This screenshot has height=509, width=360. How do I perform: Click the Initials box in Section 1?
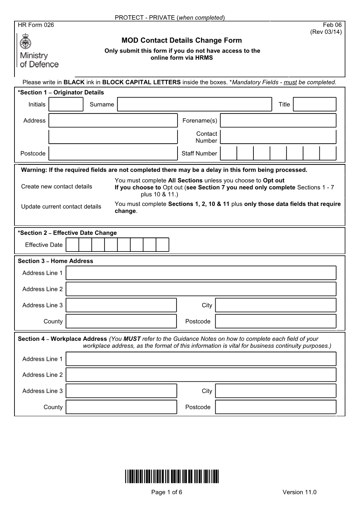click(66, 104)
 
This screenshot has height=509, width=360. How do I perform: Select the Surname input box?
click(194, 104)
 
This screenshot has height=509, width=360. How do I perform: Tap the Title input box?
click(314, 104)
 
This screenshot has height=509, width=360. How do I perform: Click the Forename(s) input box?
click(278, 121)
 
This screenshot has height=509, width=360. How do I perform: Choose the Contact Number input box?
click(278, 137)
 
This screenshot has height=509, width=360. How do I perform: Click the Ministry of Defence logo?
click(38, 51)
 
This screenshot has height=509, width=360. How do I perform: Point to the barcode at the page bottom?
click(172, 477)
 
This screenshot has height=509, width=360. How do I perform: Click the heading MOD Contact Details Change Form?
click(182, 41)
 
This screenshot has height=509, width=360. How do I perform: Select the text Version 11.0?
click(299, 492)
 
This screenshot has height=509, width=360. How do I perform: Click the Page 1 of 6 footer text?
click(167, 492)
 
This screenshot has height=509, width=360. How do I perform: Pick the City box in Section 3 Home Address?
click(275, 305)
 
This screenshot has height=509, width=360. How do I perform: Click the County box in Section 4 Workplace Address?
click(121, 407)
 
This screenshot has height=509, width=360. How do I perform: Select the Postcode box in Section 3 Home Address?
click(275, 321)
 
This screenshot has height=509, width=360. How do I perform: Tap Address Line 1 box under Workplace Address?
click(201, 359)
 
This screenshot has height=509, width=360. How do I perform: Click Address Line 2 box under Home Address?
click(201, 289)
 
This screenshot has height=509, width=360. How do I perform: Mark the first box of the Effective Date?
click(72, 245)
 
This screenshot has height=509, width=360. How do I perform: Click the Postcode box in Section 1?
click(113, 153)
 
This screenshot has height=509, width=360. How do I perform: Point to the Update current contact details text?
click(61, 207)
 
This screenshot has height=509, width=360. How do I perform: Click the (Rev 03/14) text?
click(326, 32)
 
